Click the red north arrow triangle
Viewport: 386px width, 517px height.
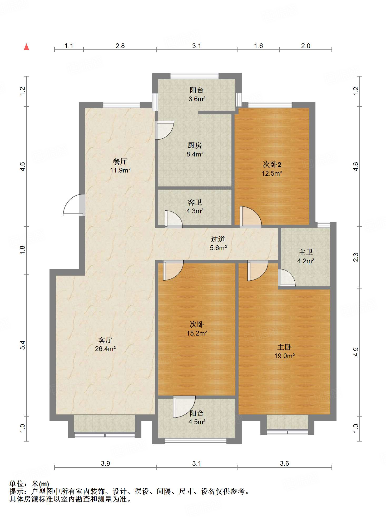26,47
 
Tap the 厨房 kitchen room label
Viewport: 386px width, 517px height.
195,145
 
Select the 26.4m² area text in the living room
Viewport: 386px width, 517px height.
105,349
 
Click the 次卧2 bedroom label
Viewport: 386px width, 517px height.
272,165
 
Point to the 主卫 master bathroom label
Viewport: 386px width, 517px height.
306,252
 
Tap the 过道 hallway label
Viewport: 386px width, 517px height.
218,239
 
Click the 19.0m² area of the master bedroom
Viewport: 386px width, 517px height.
284,356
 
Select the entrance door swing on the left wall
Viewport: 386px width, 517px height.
74,205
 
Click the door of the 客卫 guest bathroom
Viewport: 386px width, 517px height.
174,219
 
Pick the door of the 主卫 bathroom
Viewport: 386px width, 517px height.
287,278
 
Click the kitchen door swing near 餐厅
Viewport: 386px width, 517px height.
165,130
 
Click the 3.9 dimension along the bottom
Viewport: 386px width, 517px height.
105,463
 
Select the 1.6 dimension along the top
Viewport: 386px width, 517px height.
258,46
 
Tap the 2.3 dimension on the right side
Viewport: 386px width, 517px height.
356,257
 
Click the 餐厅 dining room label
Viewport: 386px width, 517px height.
120,161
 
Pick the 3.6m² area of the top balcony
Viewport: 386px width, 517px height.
197,99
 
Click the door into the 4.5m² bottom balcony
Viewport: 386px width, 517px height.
184,407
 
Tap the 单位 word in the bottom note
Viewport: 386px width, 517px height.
16,484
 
